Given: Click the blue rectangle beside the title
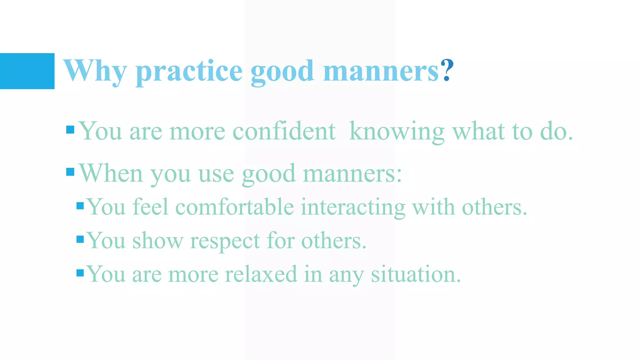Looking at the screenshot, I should tap(27, 71).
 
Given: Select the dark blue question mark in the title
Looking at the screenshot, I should tap(447, 70).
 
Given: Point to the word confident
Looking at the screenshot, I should tap(284, 131).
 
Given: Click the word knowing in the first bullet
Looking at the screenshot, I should tap(397, 132).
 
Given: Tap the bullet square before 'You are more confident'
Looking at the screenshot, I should tap(70, 130).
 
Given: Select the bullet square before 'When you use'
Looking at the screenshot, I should tap(70, 172).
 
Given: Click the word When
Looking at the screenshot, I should tap(111, 173).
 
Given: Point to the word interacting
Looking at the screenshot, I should tap(353, 208).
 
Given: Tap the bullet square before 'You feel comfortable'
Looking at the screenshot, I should tap(80, 206).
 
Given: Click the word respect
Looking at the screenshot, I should tap(225, 242).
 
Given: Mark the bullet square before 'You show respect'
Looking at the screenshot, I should tap(80, 239).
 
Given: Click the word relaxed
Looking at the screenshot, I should tap(261, 274).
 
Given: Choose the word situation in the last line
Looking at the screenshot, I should tap(416, 274).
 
